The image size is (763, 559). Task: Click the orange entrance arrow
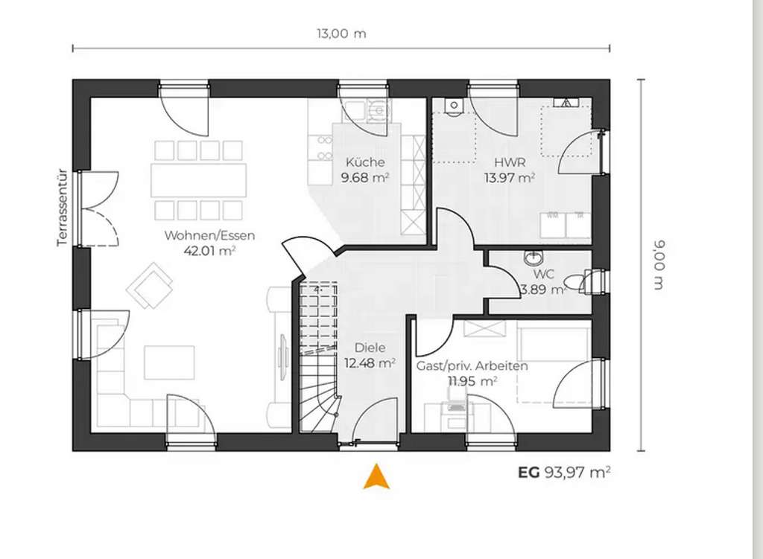click(x=377, y=476)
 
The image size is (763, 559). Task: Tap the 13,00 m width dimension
click(x=341, y=33)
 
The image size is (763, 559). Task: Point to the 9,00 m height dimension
click(x=658, y=265)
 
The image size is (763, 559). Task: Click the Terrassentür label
click(x=63, y=208)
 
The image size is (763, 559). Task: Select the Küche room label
click(x=365, y=162)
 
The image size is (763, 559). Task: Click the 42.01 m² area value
click(x=209, y=251)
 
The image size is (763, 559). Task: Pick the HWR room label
click(x=510, y=162)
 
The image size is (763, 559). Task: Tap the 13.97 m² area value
click(x=510, y=178)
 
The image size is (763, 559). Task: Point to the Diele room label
click(x=370, y=348)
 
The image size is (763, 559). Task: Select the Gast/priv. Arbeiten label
click(x=472, y=365)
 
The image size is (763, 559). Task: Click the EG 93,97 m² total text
click(x=564, y=471)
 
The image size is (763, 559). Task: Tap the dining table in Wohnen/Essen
click(x=199, y=180)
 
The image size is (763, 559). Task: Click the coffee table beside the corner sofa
click(x=169, y=362)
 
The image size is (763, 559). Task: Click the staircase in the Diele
click(x=319, y=357)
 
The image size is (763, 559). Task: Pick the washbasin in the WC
click(x=534, y=258)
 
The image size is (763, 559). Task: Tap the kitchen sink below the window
click(x=379, y=112)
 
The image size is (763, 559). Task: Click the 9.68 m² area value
click(x=365, y=178)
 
